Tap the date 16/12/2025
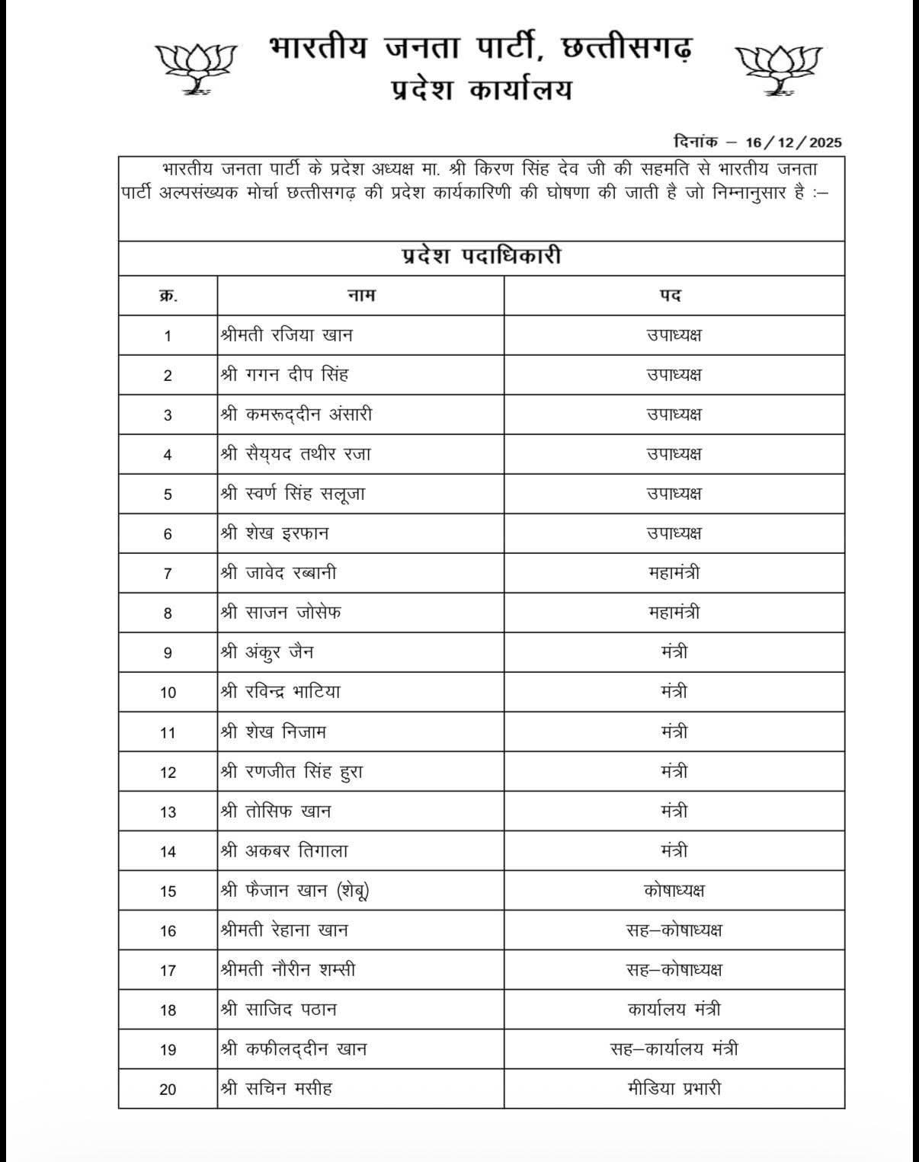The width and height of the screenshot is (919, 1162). (x=793, y=142)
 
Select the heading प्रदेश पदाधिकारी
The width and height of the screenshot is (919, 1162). (x=481, y=256)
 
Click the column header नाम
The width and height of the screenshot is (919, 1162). (x=360, y=295)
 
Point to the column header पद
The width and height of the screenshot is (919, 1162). (x=671, y=295)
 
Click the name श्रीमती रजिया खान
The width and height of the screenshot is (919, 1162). (x=287, y=335)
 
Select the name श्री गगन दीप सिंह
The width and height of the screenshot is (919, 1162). (x=284, y=374)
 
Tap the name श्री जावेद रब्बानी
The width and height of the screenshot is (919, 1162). (x=278, y=572)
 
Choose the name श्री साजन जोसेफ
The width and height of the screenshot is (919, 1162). (x=280, y=612)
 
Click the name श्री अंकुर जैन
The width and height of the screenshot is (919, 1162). (x=267, y=652)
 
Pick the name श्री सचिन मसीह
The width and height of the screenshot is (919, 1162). (x=276, y=1088)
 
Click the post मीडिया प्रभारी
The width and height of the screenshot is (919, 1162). (x=674, y=1088)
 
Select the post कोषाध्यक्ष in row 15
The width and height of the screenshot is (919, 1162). (x=674, y=890)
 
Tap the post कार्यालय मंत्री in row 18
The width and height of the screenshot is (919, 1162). (x=674, y=1009)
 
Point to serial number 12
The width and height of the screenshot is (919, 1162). (x=168, y=772)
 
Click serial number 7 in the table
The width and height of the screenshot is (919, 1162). (x=168, y=573)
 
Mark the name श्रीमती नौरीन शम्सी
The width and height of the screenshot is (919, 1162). (x=287, y=969)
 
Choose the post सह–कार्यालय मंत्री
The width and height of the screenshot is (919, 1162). (x=674, y=1048)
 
